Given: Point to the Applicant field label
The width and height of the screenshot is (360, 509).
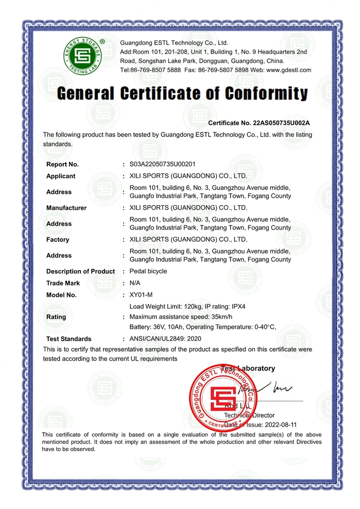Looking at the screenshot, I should [61, 176].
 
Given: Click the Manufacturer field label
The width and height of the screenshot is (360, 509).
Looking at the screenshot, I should [66, 208].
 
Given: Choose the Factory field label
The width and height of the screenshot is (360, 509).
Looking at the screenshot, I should [58, 239].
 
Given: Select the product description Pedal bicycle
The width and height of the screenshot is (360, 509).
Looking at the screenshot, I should [148, 271].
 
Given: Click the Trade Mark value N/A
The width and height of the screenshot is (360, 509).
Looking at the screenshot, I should [135, 283].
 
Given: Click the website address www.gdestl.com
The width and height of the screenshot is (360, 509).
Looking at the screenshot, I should [288, 70].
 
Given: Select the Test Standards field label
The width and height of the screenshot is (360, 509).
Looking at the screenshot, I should [69, 338].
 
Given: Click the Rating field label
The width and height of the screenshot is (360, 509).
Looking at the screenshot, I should [56, 317].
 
